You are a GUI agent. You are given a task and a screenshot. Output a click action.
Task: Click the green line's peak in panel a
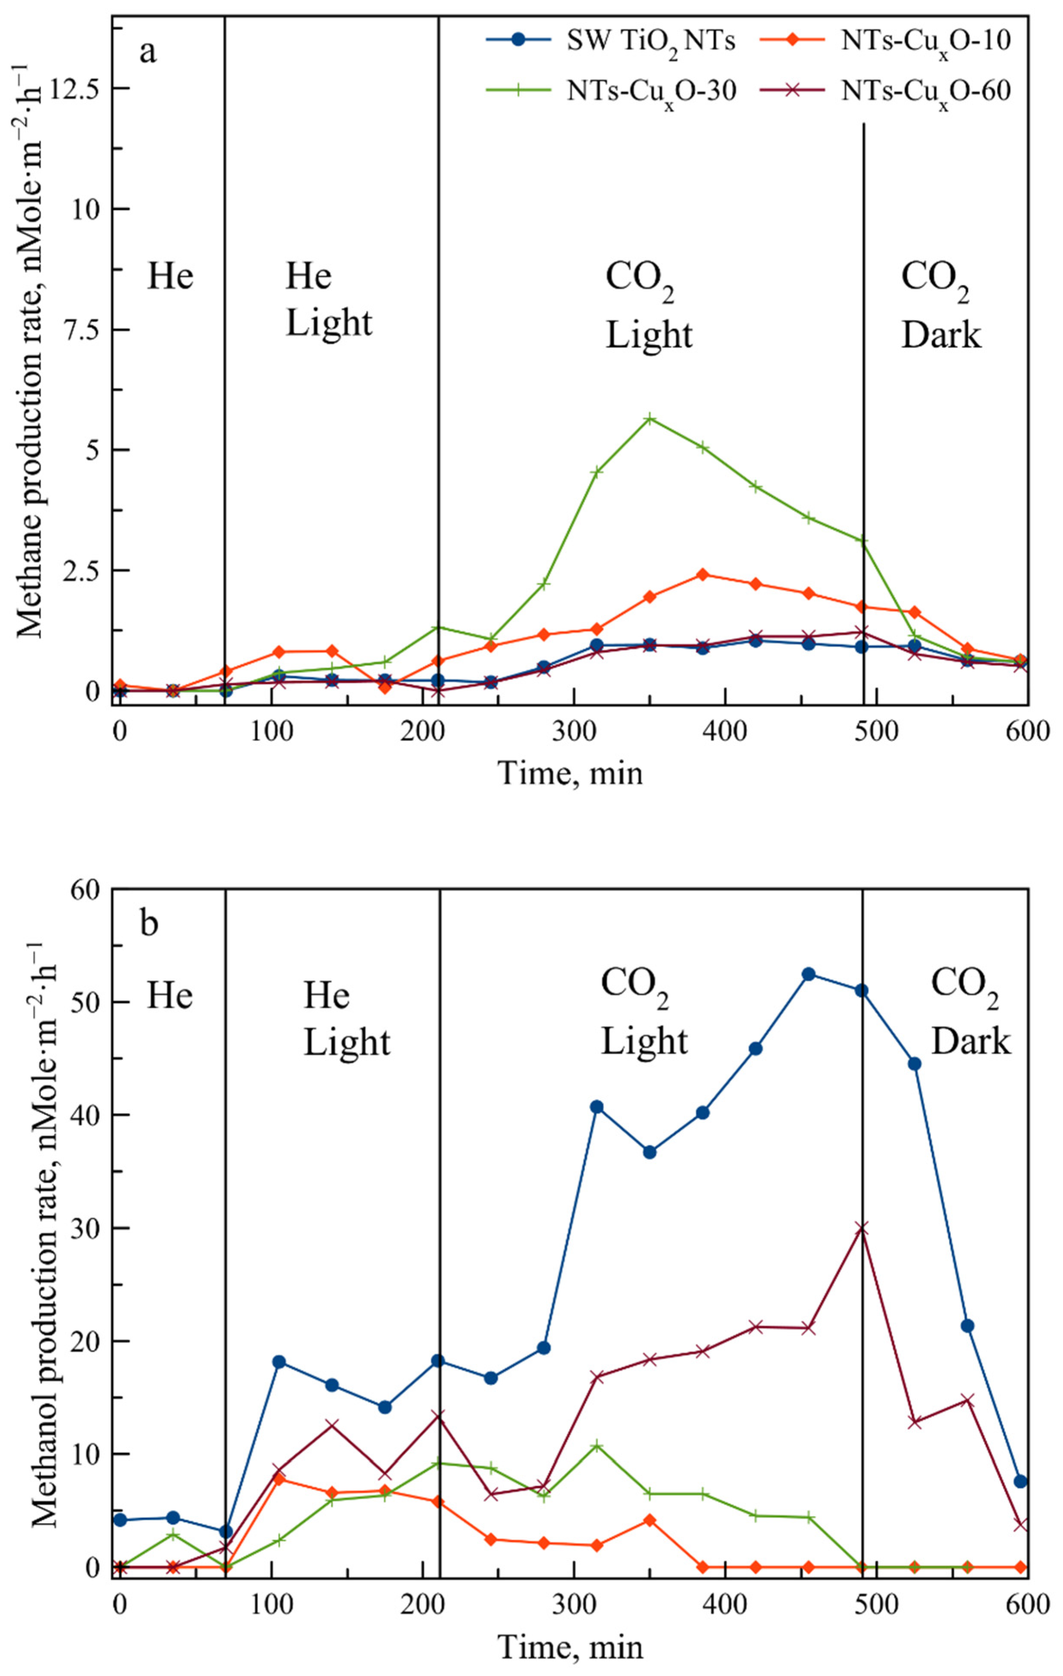click(650, 418)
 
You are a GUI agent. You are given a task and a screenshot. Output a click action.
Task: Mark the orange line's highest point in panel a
click(703, 574)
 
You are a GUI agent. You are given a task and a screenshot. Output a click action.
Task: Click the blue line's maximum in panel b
click(808, 974)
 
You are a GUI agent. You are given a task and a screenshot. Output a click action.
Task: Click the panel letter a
click(148, 52)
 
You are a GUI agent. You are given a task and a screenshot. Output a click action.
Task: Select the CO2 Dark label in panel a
click(940, 306)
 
